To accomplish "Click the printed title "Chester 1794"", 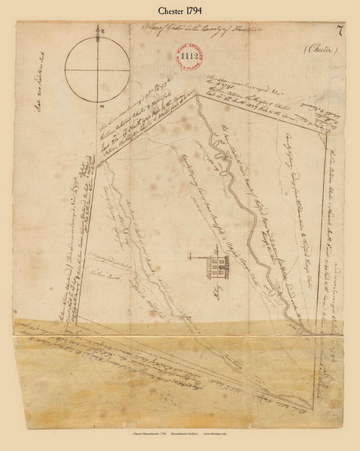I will click(180, 11).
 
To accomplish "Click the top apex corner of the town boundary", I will click(197, 95).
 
